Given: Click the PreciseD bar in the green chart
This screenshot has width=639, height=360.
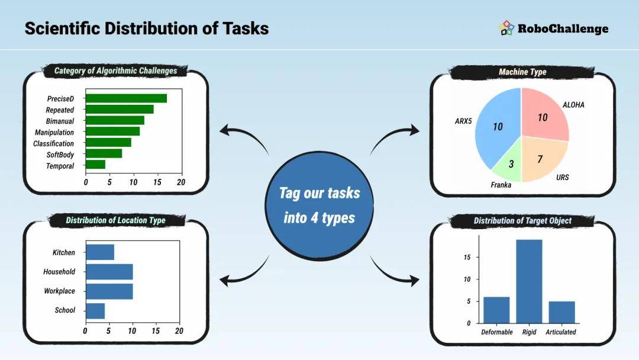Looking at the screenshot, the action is [x=127, y=98].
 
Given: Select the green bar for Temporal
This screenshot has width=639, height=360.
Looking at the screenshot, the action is [x=95, y=164].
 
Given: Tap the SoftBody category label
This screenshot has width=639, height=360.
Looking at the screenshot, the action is [x=60, y=155].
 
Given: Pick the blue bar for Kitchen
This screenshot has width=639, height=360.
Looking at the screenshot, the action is [x=100, y=252].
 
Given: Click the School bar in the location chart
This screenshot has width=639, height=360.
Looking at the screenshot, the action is [x=95, y=311].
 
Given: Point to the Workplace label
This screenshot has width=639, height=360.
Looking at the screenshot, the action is [x=60, y=291].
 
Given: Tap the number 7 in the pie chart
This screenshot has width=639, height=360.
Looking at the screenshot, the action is [x=540, y=159].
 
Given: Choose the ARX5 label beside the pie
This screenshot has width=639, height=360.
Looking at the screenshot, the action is [x=463, y=121].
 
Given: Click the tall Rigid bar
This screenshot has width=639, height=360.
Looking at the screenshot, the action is [x=529, y=281].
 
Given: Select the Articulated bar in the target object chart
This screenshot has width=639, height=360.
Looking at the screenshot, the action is [x=561, y=312].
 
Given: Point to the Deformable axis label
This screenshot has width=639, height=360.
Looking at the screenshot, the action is [x=497, y=332].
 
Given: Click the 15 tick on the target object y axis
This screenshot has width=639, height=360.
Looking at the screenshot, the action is [x=467, y=257].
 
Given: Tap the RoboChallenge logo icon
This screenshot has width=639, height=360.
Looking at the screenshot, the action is [x=506, y=28].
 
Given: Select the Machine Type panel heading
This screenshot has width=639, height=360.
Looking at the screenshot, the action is [x=522, y=72].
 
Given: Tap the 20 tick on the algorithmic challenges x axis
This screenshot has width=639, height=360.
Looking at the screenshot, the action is [x=181, y=182].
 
